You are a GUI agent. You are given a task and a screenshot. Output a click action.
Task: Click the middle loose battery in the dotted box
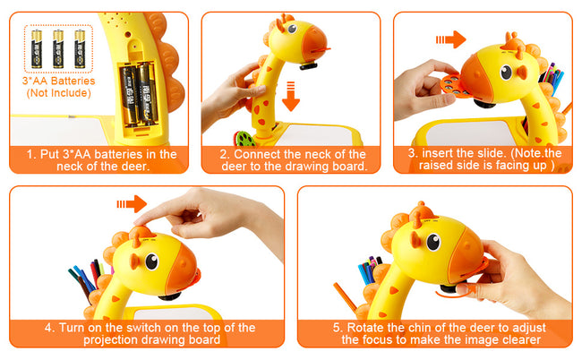click(58, 48)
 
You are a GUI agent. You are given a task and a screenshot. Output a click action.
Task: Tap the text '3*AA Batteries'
click(58, 81)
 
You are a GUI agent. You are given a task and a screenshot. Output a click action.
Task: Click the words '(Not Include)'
click(58, 93)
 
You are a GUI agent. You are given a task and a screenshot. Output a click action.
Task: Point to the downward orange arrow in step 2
click(291, 96)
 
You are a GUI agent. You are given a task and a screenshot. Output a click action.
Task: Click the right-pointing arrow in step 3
click(450, 39)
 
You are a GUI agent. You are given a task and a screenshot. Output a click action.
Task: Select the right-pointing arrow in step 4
click(132, 204)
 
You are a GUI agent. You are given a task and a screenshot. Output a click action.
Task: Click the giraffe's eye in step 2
click(292, 29)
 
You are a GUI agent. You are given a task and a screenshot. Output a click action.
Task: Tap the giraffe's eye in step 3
click(506, 72)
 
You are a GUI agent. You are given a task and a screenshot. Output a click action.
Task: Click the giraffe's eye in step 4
click(152, 261)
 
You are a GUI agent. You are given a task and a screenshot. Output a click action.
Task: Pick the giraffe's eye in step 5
click(433, 242)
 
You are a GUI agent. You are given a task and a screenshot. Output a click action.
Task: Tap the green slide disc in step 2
click(244, 139)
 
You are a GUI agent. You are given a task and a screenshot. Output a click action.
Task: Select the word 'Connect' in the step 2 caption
click(256, 154)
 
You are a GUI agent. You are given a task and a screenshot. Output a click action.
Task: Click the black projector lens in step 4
click(169, 296)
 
